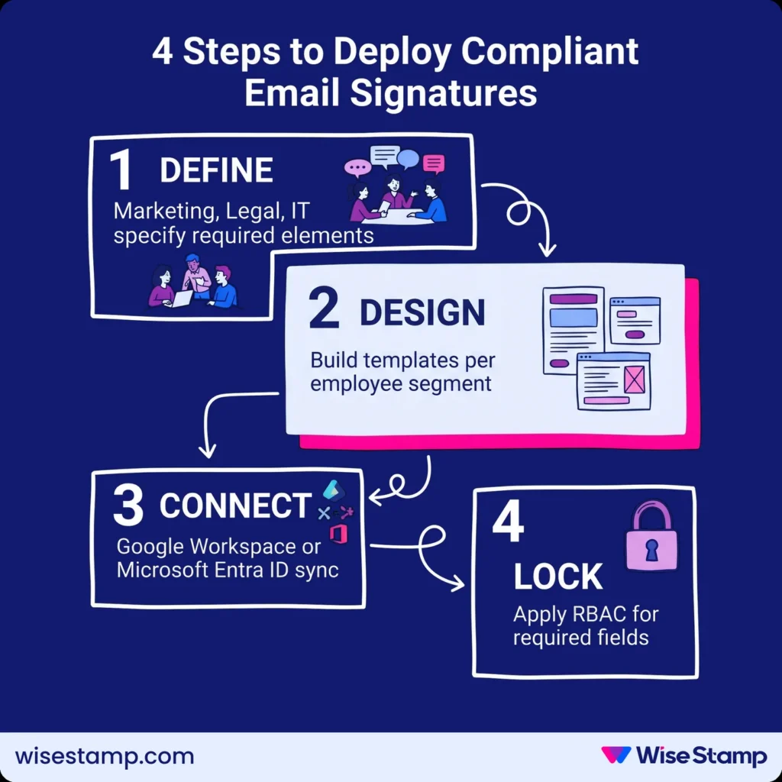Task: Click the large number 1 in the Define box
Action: [x=120, y=170]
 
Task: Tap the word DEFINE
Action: [x=216, y=171]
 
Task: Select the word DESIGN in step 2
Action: [x=422, y=313]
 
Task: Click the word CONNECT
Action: [x=235, y=506]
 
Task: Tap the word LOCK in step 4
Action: [x=558, y=577]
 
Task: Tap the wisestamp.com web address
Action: [x=105, y=756]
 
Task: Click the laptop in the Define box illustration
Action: [x=181, y=299]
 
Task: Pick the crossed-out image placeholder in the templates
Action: [x=634, y=379]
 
